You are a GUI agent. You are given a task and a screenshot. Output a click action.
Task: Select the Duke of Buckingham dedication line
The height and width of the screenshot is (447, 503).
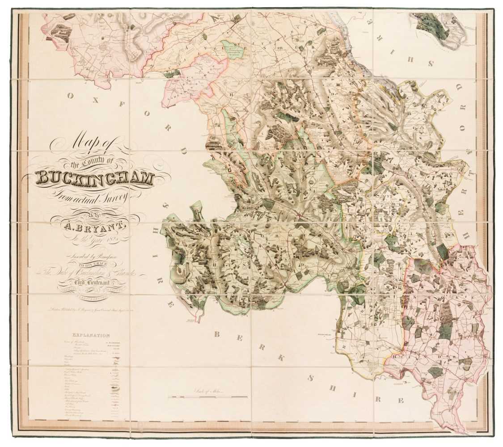95,273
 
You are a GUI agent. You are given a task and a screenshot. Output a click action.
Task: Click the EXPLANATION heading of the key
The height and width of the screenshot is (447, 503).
90,335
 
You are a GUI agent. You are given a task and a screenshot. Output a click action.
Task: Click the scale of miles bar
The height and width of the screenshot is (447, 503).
208,396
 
